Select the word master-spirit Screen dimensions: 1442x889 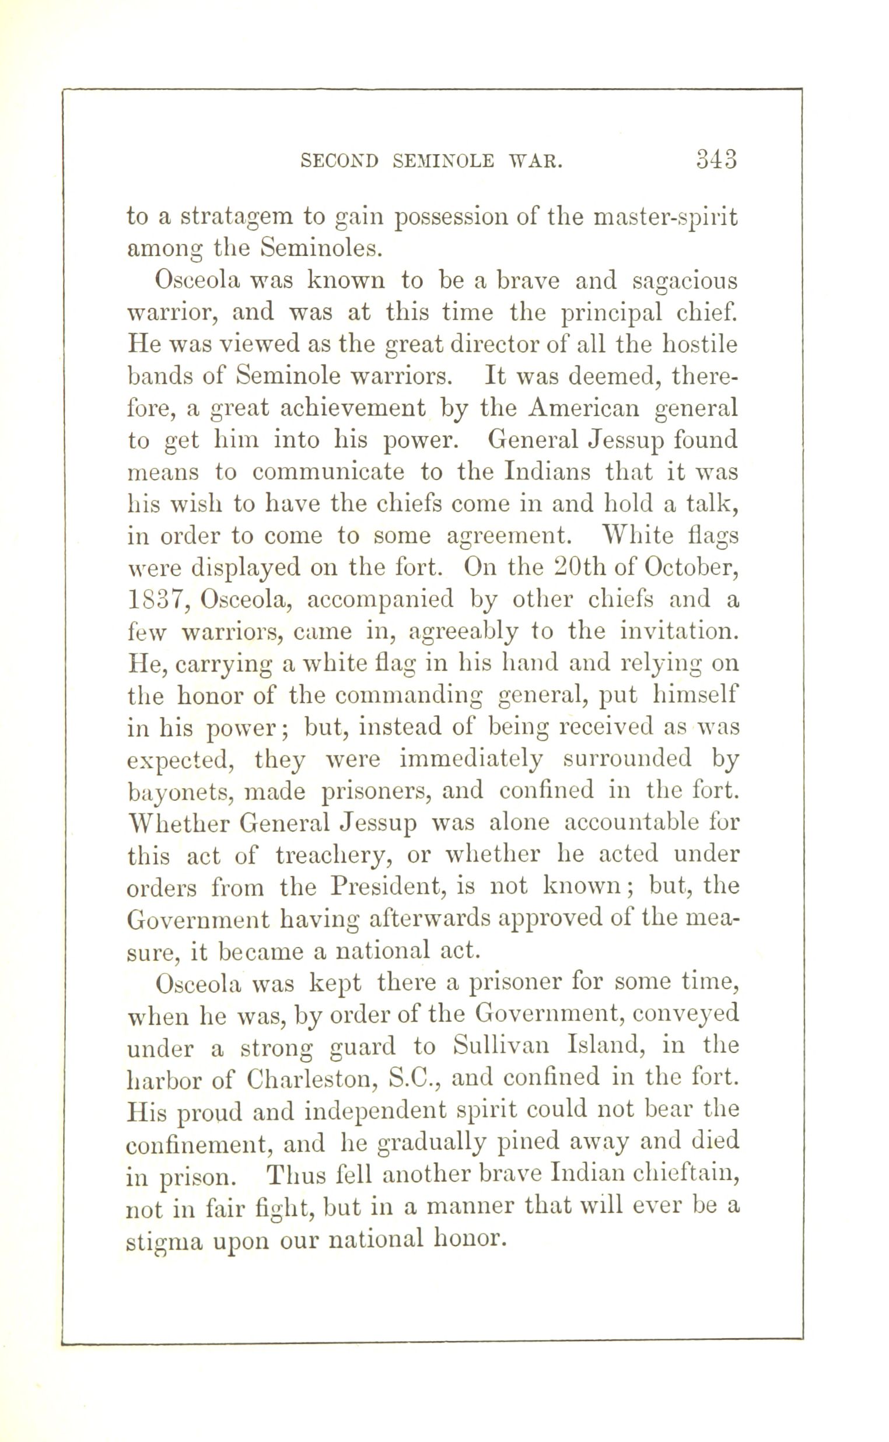click(666, 218)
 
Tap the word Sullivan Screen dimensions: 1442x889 click(502, 1046)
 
